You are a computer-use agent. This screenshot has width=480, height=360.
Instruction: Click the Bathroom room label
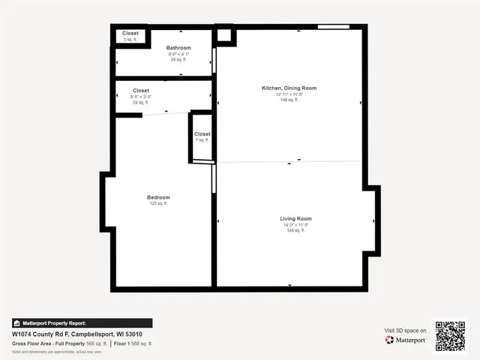pos(178,48)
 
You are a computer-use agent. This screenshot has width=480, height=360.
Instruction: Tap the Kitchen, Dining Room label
pos(289,88)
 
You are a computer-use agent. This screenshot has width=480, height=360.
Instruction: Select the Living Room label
pos(295,218)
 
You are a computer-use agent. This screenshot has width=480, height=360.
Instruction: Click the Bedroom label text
pos(158,197)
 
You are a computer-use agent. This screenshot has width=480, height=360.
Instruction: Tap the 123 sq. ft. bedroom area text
pos(158,203)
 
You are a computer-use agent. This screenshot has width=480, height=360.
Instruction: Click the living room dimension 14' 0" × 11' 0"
pos(295,225)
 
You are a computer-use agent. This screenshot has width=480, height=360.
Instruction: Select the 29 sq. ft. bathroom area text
pos(178,60)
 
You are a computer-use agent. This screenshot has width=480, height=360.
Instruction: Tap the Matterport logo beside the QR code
pos(406,340)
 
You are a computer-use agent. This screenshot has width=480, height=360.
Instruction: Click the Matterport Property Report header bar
pos(82,323)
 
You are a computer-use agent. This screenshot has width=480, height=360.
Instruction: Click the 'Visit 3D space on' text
pos(406,330)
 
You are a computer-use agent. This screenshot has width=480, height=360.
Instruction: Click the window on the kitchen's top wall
pos(333,28)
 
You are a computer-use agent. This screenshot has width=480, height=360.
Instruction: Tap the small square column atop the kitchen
pos(224,34)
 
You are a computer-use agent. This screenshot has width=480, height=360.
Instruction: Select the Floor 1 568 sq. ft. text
pos(133,343)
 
